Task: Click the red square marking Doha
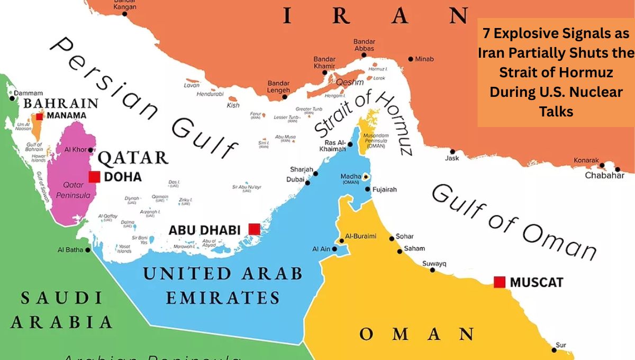(94, 177)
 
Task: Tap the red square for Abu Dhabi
(254, 229)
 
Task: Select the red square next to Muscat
(499, 282)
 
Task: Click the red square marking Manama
(40, 116)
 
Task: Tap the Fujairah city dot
(368, 189)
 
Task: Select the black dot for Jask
(452, 151)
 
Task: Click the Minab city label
(424, 59)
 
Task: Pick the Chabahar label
(604, 175)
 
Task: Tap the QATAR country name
(133, 157)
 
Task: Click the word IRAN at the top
(376, 16)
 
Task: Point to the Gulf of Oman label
(513, 222)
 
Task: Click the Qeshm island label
(350, 82)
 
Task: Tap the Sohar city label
(405, 236)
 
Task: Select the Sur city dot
(554, 349)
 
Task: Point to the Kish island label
(233, 105)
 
